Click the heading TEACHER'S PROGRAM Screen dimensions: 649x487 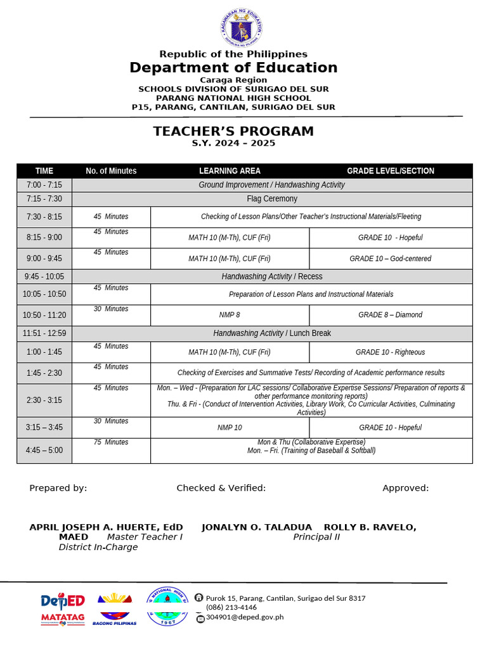[x=233, y=131]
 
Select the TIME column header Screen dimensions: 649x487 [x=44, y=171]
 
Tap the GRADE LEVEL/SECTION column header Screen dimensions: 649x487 [x=390, y=171]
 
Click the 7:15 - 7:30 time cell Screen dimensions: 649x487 [x=44, y=199]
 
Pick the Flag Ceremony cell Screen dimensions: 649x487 [x=271, y=199]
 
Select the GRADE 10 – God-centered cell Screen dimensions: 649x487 [x=390, y=259]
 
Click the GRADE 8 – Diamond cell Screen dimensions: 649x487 [x=390, y=315]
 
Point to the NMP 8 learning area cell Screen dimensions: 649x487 [x=230, y=315]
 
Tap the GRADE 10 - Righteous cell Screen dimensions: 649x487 [x=390, y=352]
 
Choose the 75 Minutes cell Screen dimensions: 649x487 [x=111, y=442]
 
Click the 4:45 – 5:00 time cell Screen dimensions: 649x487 [x=44, y=451]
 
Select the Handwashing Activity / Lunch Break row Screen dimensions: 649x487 [x=271, y=333]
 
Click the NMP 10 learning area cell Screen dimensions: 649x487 [x=230, y=428]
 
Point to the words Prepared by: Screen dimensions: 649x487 [x=58, y=488]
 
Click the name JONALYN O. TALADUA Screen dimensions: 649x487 [x=257, y=527]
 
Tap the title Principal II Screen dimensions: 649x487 [x=316, y=537]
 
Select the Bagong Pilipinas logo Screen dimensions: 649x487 [x=115, y=609]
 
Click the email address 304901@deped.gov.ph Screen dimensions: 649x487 [x=244, y=617]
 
